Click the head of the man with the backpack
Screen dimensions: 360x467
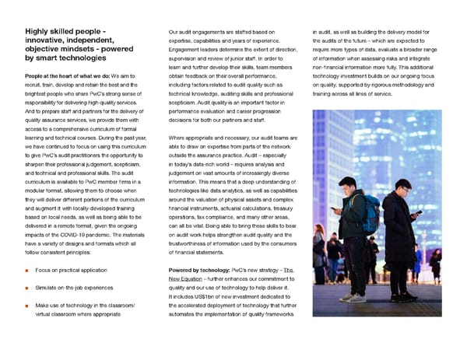point(351,183)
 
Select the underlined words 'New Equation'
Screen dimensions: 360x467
point(185,279)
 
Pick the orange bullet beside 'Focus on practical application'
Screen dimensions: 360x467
point(27,271)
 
